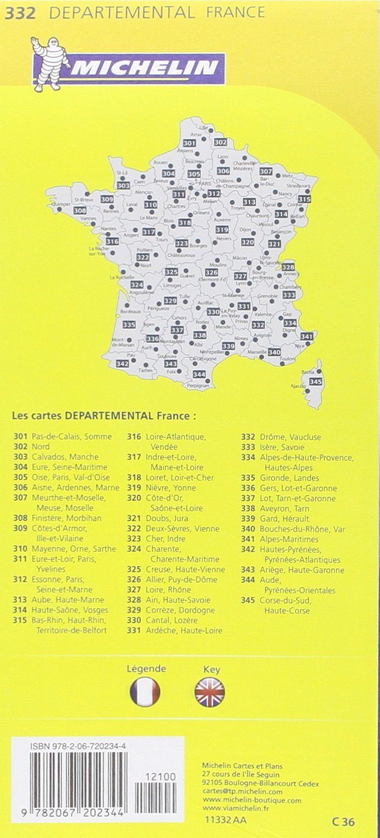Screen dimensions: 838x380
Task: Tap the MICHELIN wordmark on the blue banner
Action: pos(147,69)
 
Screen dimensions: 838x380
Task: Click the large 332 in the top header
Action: pos(20,12)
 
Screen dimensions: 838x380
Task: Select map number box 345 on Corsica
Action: pos(315,382)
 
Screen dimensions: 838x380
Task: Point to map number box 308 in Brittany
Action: pos(80,211)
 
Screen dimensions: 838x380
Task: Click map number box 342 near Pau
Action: pos(123,364)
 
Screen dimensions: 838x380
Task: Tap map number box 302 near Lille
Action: pos(220,142)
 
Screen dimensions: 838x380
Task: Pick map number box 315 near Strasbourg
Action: pos(304,199)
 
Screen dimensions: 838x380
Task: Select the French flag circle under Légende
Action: pos(145,692)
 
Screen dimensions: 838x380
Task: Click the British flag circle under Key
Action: pos(209,692)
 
